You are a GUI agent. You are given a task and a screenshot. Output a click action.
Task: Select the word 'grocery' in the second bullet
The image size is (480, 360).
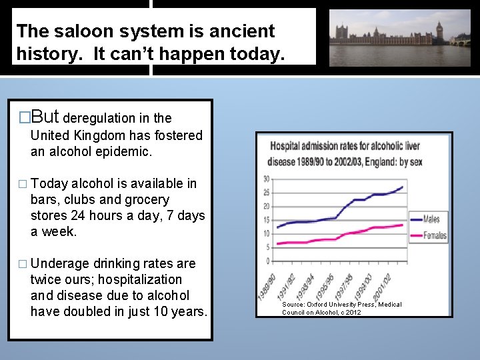(x=147, y=200)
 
